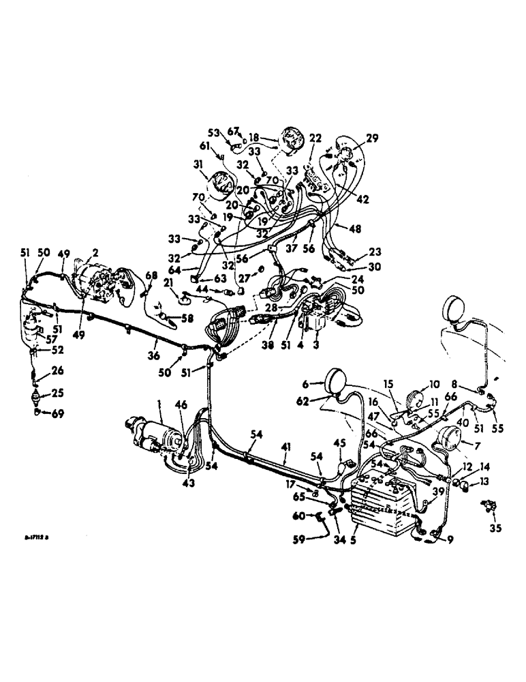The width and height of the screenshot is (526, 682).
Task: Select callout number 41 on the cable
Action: click(x=285, y=445)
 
